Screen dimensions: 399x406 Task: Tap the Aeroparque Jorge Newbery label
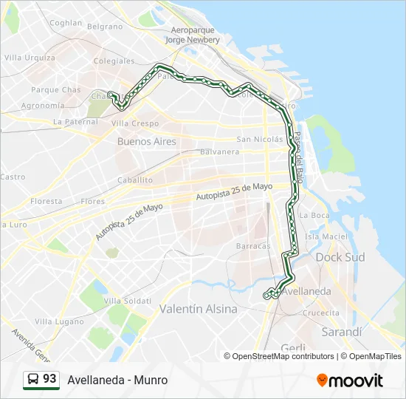[x=193, y=35]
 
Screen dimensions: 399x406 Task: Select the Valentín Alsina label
[x=199, y=309]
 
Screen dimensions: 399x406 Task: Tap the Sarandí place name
[x=343, y=332]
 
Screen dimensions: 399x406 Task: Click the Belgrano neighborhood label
[x=105, y=26]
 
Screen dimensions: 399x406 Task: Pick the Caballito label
[x=134, y=180]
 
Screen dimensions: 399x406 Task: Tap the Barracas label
[x=253, y=246]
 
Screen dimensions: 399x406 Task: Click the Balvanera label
[x=220, y=152]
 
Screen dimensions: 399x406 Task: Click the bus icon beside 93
[x=32, y=380]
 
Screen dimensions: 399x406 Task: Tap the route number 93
[x=49, y=379]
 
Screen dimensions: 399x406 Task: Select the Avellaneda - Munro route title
[x=117, y=380]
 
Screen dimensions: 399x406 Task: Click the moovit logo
[x=350, y=381]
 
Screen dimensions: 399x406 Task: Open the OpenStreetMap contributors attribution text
[x=283, y=356]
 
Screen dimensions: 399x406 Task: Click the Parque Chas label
[x=56, y=90]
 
